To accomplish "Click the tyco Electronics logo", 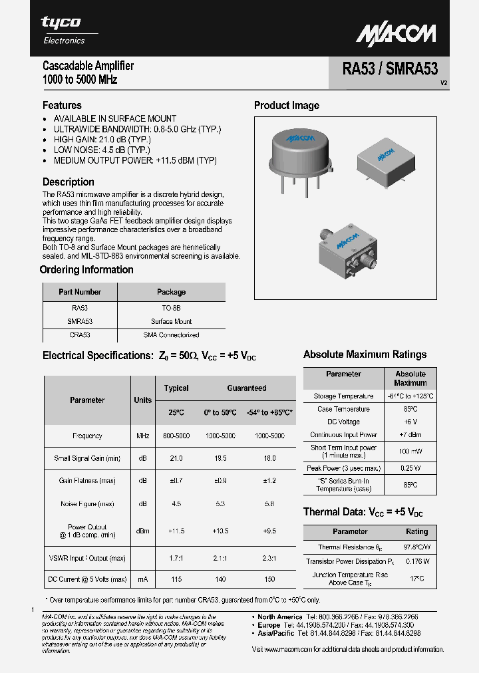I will (63, 30).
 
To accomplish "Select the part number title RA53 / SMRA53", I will (390, 69).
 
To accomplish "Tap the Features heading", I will (62, 105).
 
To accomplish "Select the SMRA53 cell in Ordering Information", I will (80, 321).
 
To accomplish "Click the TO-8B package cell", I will (171, 309).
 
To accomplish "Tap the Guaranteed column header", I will (247, 388).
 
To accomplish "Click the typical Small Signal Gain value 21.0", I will (176, 459).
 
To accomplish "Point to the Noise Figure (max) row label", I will (87, 504).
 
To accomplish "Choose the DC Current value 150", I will (269, 579).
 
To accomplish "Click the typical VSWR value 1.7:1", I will (176, 559).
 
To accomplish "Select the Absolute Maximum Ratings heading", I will (365, 354).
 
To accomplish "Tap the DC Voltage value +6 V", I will (410, 422).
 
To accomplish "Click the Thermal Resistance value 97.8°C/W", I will (416, 547).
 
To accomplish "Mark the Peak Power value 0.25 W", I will (410, 468).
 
